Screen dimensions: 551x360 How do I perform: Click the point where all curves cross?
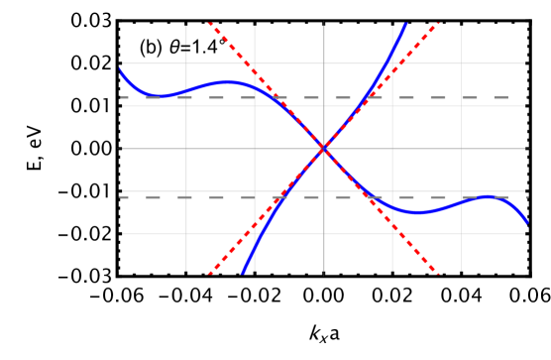point(324,149)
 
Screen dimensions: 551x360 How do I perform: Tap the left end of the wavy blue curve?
point(120,69)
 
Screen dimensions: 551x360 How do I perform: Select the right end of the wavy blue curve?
point(527,222)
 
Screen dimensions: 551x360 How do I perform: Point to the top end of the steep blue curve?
point(405,23)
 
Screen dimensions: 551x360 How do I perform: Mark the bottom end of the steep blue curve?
point(243,274)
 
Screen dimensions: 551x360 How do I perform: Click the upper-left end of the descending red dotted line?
point(209,23)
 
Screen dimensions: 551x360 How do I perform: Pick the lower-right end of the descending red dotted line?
point(439,274)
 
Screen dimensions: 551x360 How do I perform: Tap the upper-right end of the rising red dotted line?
point(439,23)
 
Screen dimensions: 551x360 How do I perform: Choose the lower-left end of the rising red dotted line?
point(209,274)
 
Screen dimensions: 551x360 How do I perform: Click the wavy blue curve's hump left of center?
point(228,82)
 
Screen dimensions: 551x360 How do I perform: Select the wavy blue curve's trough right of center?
point(417,212)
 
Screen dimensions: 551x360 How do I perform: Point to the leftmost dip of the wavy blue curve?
point(161,96)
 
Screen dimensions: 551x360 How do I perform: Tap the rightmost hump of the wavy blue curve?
point(488,196)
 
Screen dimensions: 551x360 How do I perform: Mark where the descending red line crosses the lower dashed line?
point(369,196)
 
